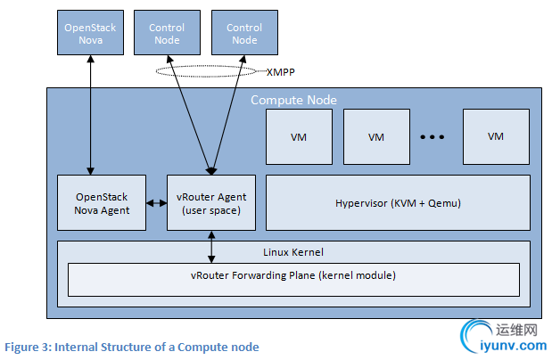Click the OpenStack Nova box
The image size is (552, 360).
(x=90, y=35)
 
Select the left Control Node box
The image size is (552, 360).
(x=167, y=35)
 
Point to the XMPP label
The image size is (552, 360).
(x=282, y=70)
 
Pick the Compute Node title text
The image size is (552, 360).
(x=293, y=100)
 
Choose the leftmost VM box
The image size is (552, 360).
(x=299, y=136)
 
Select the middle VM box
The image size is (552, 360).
(x=376, y=136)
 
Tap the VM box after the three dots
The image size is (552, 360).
(x=496, y=136)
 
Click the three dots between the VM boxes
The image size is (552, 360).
(x=432, y=137)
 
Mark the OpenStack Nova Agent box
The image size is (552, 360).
(x=102, y=203)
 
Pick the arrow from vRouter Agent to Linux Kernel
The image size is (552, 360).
(x=210, y=247)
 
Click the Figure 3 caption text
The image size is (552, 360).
(x=131, y=346)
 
